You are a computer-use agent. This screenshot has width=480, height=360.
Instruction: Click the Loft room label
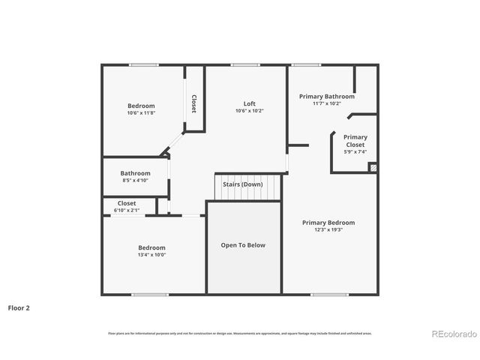[249, 103]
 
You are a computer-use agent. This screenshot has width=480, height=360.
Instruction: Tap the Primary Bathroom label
[327, 96]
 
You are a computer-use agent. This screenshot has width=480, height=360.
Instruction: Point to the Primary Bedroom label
[328, 223]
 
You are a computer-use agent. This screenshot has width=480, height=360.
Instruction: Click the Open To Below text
[242, 245]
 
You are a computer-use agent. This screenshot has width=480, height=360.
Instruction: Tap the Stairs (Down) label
[242, 184]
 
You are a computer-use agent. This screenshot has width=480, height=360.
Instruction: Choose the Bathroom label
[136, 173]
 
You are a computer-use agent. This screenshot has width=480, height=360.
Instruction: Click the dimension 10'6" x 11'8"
[141, 113]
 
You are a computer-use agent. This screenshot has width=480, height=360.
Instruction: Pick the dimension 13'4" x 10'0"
[151, 255]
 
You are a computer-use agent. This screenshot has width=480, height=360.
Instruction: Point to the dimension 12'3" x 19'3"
[328, 230]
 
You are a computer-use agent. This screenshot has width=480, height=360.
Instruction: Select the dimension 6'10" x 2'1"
[127, 211]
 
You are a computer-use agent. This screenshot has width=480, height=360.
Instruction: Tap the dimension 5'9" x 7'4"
[355, 152]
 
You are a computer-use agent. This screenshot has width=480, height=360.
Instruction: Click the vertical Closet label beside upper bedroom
[194, 103]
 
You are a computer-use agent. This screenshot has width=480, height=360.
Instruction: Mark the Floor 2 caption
[19, 307]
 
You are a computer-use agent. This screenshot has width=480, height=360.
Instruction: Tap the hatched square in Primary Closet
[373, 167]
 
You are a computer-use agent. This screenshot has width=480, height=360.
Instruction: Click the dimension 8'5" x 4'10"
[136, 181]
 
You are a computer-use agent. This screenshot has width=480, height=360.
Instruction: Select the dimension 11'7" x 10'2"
[327, 103]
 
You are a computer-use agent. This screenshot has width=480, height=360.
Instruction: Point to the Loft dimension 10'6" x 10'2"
[249, 111]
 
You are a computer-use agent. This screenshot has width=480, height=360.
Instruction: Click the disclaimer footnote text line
[240, 333]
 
